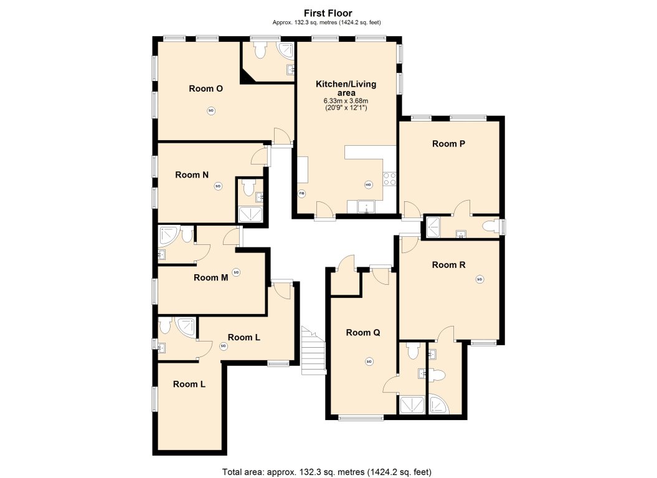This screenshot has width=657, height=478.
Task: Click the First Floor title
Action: (x=328, y=12)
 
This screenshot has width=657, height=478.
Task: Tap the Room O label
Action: (x=206, y=88)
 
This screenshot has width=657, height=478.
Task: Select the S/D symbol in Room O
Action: (x=210, y=111)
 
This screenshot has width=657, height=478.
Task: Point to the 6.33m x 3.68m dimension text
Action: (x=346, y=101)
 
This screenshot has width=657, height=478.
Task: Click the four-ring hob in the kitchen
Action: (x=390, y=179)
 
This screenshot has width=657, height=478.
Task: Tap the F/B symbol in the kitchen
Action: (x=302, y=193)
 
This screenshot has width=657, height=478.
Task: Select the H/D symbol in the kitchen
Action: (x=368, y=184)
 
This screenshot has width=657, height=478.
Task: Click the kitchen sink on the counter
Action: (x=366, y=206)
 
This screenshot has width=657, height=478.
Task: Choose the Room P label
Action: (x=449, y=143)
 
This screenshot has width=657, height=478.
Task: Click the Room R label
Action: (x=449, y=265)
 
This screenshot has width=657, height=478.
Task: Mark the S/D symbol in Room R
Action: (x=480, y=279)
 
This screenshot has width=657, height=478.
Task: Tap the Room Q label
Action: (x=363, y=333)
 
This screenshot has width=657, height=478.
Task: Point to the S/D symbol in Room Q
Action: (x=369, y=361)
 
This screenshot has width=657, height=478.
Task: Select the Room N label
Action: (x=192, y=175)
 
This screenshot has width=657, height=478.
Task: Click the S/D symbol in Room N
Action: (x=218, y=186)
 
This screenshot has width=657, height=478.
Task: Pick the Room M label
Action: (x=210, y=277)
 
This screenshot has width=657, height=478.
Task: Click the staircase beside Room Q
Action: (x=313, y=351)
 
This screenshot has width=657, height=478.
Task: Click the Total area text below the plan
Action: (x=327, y=472)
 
